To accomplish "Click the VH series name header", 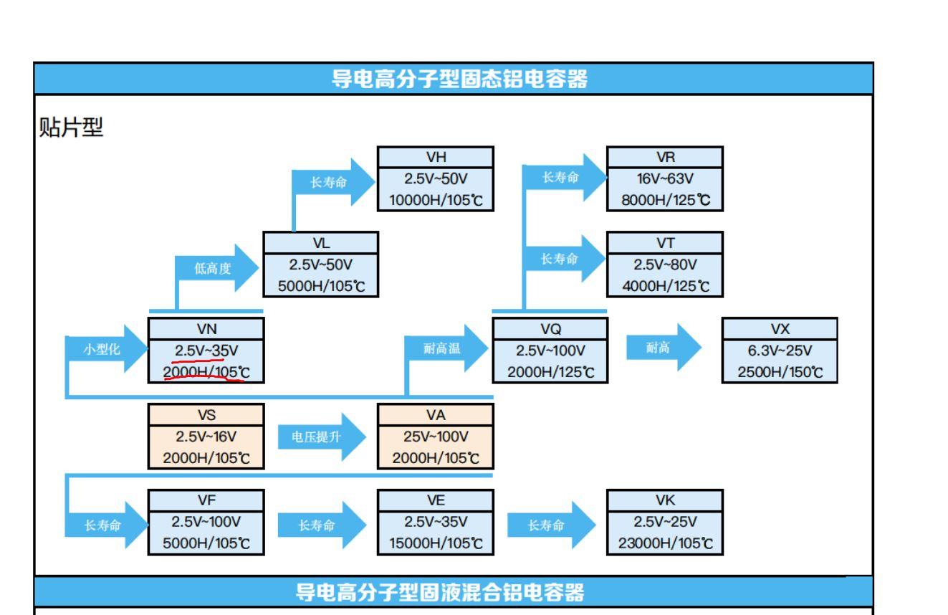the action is point(436,157).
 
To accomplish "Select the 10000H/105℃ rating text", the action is point(436,200).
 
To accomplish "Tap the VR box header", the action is point(665,157).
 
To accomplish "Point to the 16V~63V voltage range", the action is point(665,178).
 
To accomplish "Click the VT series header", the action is point(665,243).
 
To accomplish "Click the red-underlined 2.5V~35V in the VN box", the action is point(206,351).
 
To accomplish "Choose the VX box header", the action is point(780,329).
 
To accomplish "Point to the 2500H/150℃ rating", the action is point(780,372).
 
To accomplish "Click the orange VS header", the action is point(206,415).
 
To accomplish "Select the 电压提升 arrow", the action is point(322,437).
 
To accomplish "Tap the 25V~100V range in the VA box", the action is point(436,437).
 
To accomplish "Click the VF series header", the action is point(206,500).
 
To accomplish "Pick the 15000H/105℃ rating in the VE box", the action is point(436,543).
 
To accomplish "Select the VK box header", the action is point(665,500).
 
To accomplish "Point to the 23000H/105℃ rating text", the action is point(665,543).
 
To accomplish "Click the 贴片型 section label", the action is point(71,127).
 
